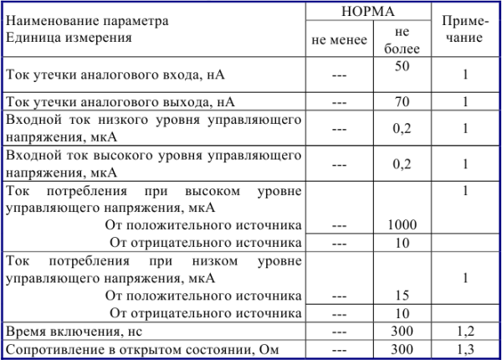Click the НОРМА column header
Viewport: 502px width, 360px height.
369,13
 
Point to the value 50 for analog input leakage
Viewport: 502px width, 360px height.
402,65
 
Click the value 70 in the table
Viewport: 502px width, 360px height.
402,103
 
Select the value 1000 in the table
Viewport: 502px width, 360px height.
402,225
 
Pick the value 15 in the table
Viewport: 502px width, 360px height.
402,296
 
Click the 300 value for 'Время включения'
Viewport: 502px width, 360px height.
402,331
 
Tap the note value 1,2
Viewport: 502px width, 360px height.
464,331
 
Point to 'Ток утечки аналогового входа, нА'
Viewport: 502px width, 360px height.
114,75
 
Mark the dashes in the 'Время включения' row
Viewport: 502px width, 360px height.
339,331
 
